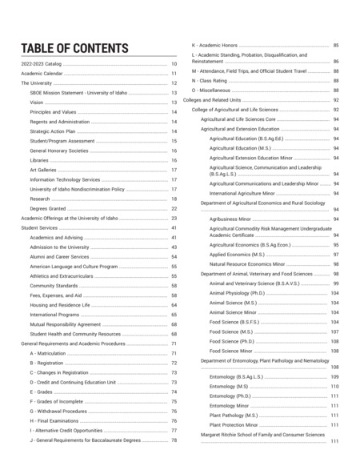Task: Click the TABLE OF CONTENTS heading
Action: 74,48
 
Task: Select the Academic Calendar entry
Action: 42,73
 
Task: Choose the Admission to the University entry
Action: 61,247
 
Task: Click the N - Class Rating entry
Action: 211,80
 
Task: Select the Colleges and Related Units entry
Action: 217,99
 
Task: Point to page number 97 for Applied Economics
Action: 335,254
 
